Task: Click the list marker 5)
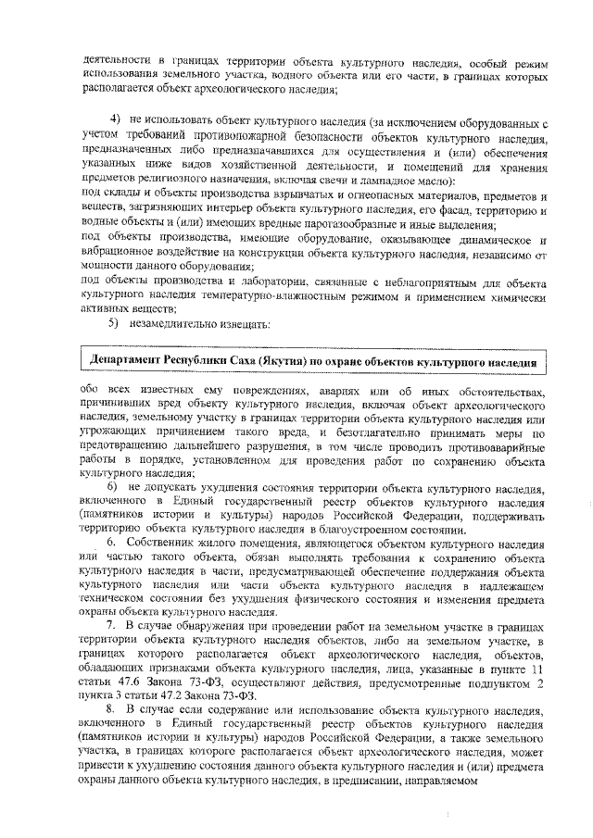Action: (x=116, y=323)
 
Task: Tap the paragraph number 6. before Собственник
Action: (x=113, y=540)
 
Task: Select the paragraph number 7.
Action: (x=113, y=627)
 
